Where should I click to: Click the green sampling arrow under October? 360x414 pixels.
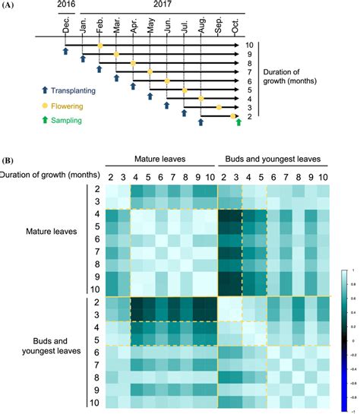tap(238, 122)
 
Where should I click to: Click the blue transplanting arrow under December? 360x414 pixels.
tap(66, 51)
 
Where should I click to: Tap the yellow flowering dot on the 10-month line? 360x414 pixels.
tap(99, 46)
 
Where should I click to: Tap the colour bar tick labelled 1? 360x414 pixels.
tap(352, 270)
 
